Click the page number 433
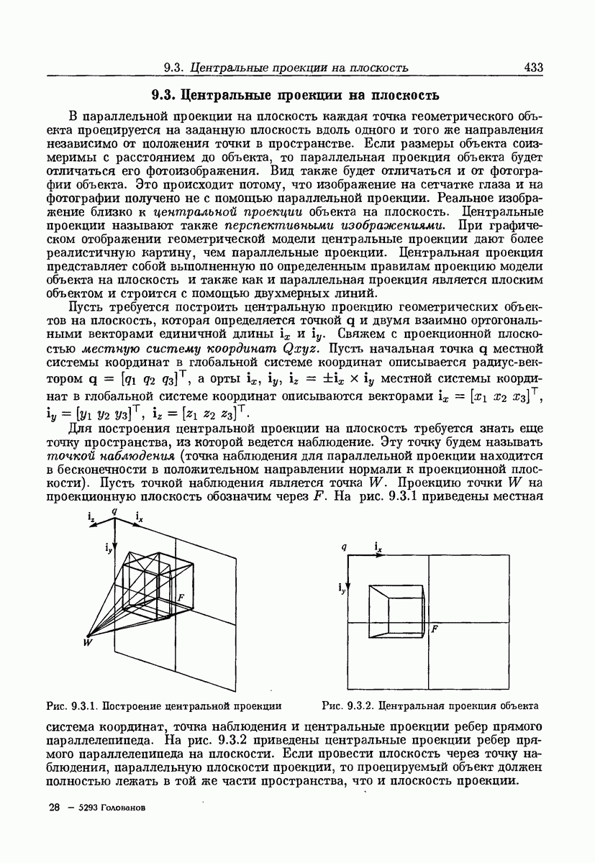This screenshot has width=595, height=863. (x=533, y=68)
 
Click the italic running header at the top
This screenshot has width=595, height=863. (x=286, y=68)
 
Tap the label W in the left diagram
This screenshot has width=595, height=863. (x=87, y=642)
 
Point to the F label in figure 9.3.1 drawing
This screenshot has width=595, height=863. (x=181, y=598)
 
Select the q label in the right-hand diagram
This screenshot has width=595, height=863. (x=345, y=547)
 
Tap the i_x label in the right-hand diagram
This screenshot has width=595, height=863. (x=378, y=547)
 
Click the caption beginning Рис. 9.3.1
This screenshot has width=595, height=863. (x=163, y=706)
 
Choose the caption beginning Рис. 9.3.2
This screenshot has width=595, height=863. (x=430, y=706)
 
